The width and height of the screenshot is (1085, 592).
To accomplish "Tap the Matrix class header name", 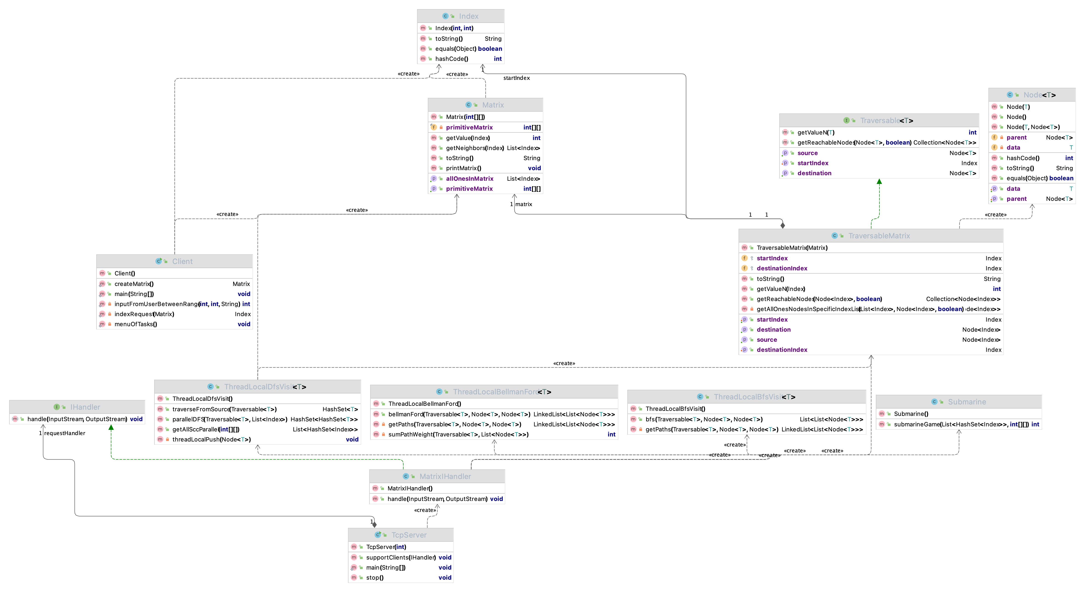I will point(493,105).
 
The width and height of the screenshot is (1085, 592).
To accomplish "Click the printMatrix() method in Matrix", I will point(463,168).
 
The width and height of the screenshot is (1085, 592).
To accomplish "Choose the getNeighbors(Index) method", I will point(475,148).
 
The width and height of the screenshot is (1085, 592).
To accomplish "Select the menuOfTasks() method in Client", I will point(136,324).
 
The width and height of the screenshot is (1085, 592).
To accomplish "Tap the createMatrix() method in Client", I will point(134,284).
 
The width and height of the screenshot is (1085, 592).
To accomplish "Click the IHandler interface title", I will point(85,407).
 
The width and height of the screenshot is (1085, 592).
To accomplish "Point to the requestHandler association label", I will point(65,433).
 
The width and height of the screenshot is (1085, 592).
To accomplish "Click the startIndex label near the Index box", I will point(516,78).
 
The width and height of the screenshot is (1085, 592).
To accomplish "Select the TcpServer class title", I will point(409,535).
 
